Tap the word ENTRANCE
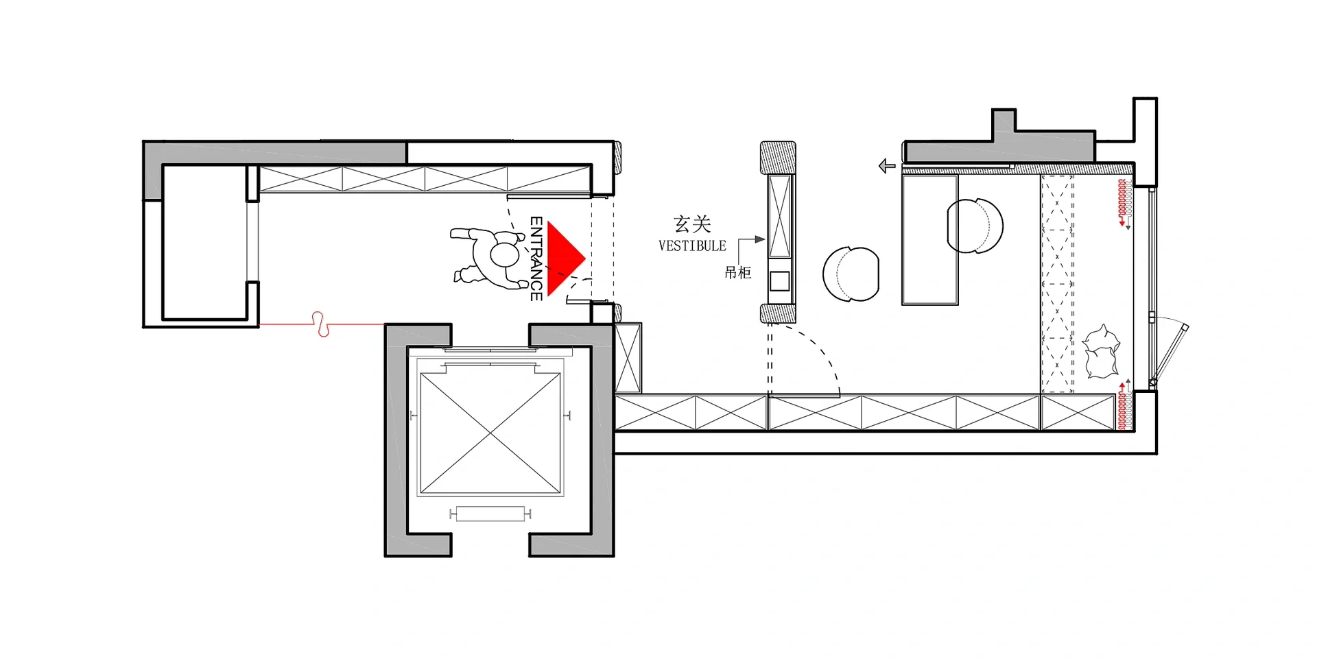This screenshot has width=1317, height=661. [536, 259]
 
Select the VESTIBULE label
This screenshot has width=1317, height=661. [692, 245]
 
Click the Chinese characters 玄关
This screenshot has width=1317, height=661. [692, 224]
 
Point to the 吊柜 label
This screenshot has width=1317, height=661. [738, 272]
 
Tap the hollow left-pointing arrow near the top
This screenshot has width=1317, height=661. [887, 166]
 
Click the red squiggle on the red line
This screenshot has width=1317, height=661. [320, 324]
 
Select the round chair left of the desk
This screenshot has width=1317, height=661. [851, 274]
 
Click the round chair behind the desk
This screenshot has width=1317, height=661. [975, 226]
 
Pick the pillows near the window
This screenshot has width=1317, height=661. [1101, 351]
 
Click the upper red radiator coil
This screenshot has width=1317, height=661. [1123, 202]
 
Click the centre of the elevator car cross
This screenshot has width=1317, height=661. [490, 433]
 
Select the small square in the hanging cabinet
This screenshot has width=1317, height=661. [779, 281]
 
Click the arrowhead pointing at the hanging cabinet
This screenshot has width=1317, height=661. [759, 239]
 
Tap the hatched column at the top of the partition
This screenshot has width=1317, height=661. [778, 158]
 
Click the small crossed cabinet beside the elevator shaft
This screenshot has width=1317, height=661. [628, 358]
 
